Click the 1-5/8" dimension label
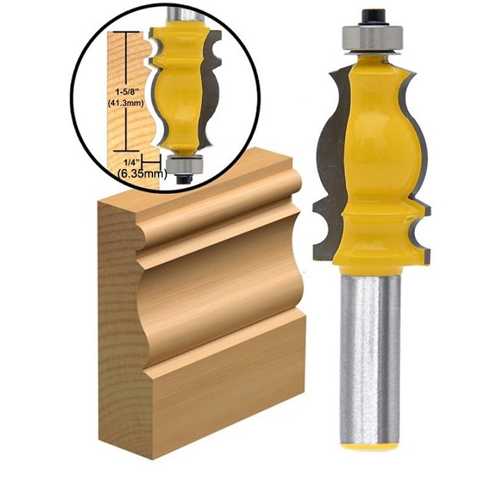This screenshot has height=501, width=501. (x=128, y=93)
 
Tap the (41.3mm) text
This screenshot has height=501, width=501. (x=125, y=104)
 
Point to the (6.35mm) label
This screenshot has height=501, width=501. (x=142, y=173)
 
